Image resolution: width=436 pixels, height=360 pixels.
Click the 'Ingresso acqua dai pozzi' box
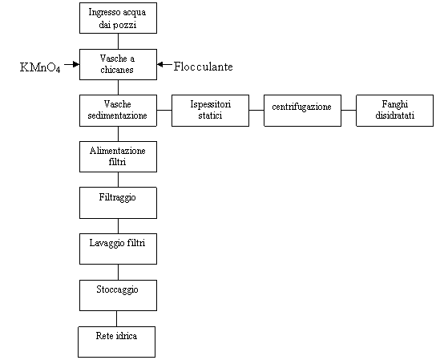click(118, 18)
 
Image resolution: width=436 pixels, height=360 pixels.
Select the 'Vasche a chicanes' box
click(118, 65)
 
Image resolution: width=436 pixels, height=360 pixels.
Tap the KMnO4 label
click(40, 67)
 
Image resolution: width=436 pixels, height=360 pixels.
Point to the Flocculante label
click(204, 67)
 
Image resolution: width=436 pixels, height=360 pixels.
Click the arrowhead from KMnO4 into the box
click(76, 65)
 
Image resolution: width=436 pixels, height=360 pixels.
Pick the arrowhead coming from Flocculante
click(160, 65)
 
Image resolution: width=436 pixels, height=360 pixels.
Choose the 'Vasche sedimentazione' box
click(118, 111)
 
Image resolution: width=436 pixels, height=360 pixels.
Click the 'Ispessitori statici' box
click(210, 111)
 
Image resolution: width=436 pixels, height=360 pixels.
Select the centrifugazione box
click(302, 111)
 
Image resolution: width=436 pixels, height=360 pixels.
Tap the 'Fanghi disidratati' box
click(395, 111)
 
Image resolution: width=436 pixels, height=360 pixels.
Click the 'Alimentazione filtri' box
click(118, 156)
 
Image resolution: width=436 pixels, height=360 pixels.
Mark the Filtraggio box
click(118, 203)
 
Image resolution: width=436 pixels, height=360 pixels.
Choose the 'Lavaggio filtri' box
click(118, 249)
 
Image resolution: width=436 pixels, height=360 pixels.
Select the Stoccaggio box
click(118, 295)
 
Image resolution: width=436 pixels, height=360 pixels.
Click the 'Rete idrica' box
click(116, 342)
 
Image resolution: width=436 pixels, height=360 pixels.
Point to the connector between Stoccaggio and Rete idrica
click(116, 318)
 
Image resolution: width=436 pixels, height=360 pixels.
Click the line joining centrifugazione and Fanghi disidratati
click(349, 110)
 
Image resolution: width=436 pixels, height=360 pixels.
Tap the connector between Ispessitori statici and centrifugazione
click(256, 110)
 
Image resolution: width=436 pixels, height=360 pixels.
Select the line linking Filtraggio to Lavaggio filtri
click(118, 226)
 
